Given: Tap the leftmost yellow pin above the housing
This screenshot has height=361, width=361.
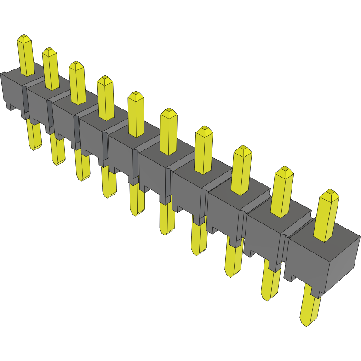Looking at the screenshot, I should [x=26, y=55].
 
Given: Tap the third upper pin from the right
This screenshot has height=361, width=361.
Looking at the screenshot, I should [x=241, y=171].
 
